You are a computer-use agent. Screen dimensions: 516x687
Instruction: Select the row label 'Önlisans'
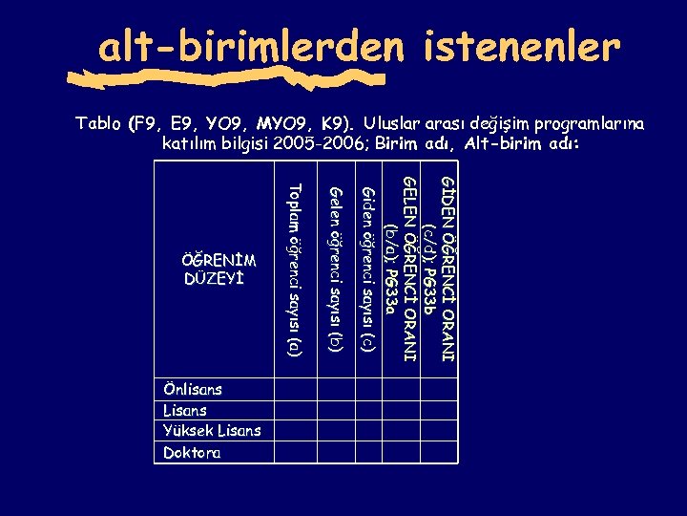193,390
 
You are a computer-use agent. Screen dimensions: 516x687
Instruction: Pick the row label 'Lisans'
185,410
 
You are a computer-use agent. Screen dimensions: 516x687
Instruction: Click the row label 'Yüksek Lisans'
212,431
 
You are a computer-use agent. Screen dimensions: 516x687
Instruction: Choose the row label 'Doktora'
192,452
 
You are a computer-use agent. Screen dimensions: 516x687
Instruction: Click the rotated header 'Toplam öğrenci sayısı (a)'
296,272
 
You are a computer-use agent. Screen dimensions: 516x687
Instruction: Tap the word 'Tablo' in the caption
99,124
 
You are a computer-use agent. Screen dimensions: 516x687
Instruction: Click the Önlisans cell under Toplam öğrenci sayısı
296,390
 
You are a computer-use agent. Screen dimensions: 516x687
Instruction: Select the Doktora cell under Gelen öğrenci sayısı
334,452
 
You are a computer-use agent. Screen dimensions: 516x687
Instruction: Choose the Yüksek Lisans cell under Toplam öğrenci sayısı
296,431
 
